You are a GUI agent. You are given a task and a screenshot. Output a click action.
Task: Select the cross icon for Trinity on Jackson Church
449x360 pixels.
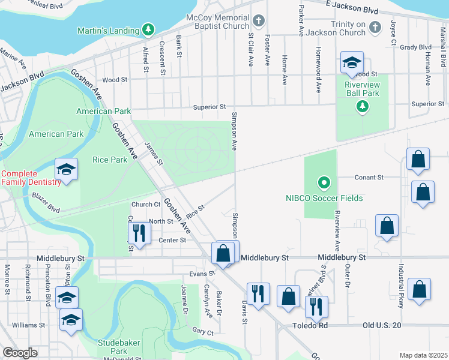(x=375, y=27)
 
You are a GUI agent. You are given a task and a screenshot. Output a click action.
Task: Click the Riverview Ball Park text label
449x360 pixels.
(x=362, y=89)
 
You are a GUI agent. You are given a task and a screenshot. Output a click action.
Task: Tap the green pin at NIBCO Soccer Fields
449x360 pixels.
(x=324, y=182)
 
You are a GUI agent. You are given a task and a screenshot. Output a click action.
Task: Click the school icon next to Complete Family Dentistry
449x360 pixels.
(x=67, y=170)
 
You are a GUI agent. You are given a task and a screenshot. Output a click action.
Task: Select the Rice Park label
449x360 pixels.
(x=110, y=160)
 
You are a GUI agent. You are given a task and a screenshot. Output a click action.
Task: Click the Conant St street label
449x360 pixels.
(x=369, y=178)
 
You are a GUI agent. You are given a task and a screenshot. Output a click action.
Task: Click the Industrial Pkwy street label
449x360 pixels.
(x=399, y=280)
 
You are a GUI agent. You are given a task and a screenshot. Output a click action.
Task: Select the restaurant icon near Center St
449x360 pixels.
(x=139, y=233)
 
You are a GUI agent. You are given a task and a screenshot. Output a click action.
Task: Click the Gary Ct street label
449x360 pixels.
(x=203, y=331)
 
